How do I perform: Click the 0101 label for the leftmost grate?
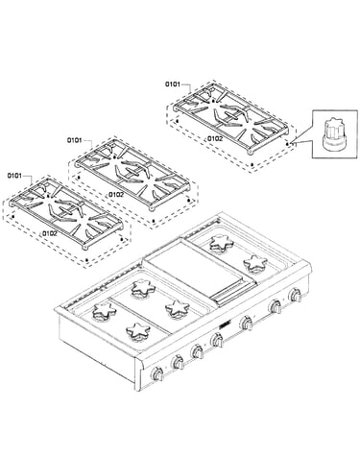click(14, 176)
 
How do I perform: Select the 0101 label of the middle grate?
click(74, 140)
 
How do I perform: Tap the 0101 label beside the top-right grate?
click(173, 84)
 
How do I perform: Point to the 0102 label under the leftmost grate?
click(49, 233)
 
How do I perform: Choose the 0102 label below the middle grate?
click(115, 194)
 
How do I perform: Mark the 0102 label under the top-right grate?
click(215, 138)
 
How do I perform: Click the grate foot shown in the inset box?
click(334, 133)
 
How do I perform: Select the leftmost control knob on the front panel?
click(157, 373)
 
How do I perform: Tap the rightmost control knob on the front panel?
click(295, 295)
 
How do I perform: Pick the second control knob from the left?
click(178, 362)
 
